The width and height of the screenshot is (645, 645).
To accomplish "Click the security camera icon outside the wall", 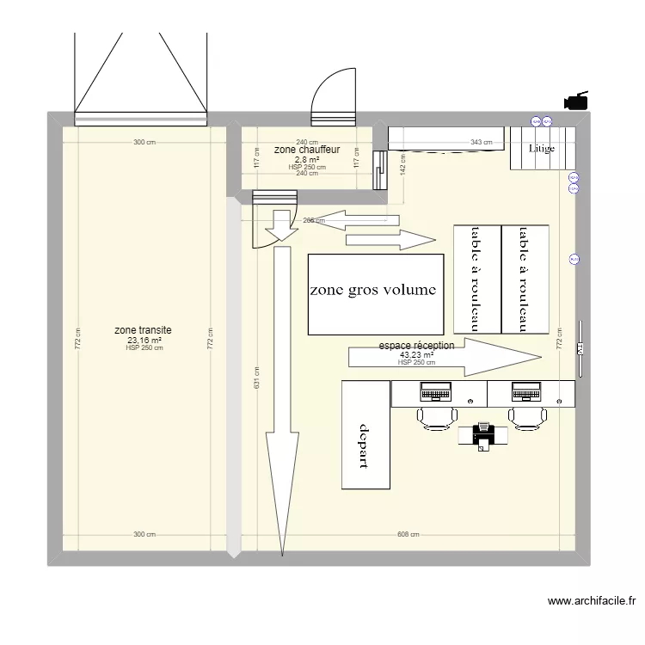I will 576,101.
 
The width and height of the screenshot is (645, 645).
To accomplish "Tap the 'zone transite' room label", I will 144,330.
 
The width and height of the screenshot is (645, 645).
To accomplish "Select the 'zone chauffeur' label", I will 307,150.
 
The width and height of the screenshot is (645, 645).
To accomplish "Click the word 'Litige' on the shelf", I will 542,149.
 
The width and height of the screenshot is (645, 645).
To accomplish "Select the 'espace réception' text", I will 416,346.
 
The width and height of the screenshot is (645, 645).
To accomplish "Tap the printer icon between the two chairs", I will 483,434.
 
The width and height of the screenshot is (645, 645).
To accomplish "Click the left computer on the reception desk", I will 435,392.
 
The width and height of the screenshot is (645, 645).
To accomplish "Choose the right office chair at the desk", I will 527,418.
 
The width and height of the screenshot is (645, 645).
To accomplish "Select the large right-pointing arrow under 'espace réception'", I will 444,357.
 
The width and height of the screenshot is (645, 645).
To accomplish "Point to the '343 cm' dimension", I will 482,143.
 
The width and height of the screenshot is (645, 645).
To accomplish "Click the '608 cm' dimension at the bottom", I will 408,534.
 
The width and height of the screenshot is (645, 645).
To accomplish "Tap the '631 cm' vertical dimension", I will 257,384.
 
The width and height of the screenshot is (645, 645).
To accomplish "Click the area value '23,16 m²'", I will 144,340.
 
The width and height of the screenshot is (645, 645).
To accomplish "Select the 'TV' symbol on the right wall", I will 580,349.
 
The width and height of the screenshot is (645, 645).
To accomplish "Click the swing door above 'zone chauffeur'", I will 332,96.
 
